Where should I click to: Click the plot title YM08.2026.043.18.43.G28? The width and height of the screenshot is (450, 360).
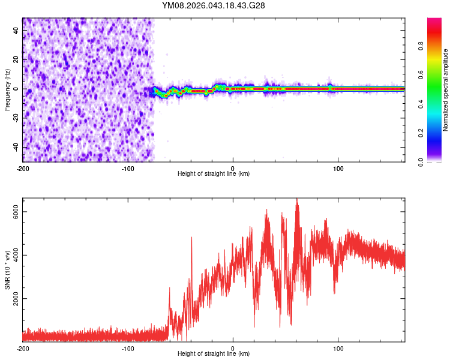point(214,6)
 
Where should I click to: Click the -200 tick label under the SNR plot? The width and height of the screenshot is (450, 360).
point(23,349)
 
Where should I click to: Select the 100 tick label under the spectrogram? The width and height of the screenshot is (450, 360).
point(338,167)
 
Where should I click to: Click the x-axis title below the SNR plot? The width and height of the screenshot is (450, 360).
point(214,354)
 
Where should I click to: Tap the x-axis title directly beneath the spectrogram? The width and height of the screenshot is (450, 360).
point(214,173)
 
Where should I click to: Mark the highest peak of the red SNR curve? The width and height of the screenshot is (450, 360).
point(296,200)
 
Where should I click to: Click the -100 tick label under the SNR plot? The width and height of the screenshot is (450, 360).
point(128,349)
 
